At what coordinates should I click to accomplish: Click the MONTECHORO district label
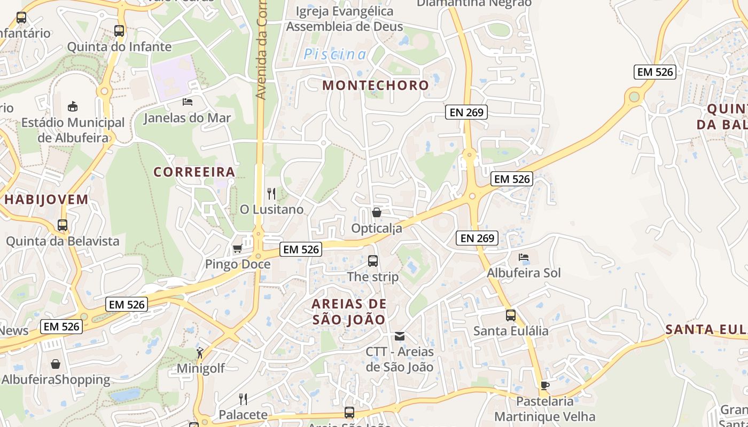(x=376, y=85)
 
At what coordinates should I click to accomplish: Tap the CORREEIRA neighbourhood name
(x=194, y=172)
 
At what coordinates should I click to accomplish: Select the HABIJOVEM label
(x=46, y=200)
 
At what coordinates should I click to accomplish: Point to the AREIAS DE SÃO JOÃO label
(x=349, y=312)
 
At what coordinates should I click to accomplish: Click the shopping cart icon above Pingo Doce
(x=237, y=249)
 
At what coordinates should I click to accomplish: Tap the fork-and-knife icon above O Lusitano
(x=271, y=194)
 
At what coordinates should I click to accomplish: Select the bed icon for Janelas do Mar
(x=188, y=101)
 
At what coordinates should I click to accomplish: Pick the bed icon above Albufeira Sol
(x=524, y=257)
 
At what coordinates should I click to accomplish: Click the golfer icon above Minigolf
(x=200, y=352)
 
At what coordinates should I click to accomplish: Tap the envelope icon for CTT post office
(x=400, y=336)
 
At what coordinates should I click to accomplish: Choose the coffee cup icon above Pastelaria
(x=544, y=385)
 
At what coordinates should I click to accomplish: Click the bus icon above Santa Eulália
(x=511, y=315)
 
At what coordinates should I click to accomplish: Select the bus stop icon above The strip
(x=373, y=261)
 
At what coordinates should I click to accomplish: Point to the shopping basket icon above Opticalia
(x=377, y=212)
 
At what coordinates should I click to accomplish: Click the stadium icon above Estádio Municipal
(x=73, y=106)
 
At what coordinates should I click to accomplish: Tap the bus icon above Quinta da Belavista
(x=63, y=225)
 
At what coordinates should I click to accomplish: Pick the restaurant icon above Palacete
(x=243, y=399)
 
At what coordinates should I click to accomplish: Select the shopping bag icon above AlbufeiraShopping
(x=56, y=364)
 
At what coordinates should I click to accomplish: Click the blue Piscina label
(x=335, y=54)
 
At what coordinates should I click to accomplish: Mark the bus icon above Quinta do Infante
(x=119, y=31)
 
